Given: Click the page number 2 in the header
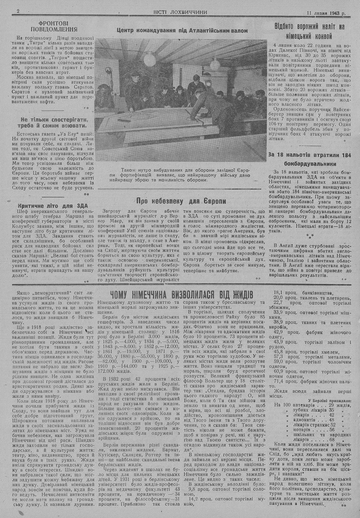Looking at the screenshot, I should point(19,12).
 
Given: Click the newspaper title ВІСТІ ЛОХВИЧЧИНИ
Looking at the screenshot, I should point(180,12).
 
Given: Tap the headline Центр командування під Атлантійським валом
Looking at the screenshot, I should point(183,31).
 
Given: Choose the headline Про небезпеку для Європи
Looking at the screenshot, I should point(181,201).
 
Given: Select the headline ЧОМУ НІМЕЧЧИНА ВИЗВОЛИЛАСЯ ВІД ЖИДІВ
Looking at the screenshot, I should point(181,295).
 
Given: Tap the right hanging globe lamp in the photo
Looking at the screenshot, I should point(215,63).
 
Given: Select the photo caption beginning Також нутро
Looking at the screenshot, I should point(183,174).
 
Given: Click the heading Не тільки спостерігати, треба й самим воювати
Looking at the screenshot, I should point(54,123).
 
